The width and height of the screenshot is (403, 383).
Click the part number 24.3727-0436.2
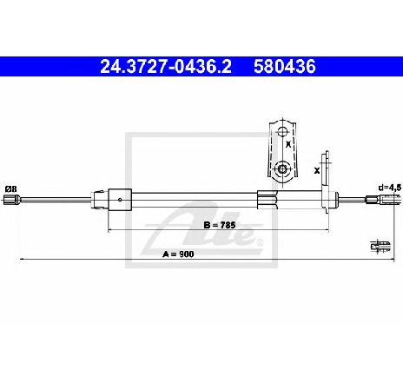[x=166, y=67]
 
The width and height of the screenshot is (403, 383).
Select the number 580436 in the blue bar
[x=285, y=67]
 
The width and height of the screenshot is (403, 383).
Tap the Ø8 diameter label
[x=11, y=189]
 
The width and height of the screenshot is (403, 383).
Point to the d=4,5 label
[x=390, y=188]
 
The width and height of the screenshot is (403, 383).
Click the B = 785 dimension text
[x=220, y=225]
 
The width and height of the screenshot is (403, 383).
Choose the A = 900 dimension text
[x=178, y=254]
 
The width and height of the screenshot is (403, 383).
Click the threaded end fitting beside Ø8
[x=11, y=200]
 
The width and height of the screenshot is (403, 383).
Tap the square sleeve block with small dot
[x=120, y=199]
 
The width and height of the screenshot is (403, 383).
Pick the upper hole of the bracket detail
[x=281, y=132]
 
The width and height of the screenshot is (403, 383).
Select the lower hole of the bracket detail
[x=281, y=168]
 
